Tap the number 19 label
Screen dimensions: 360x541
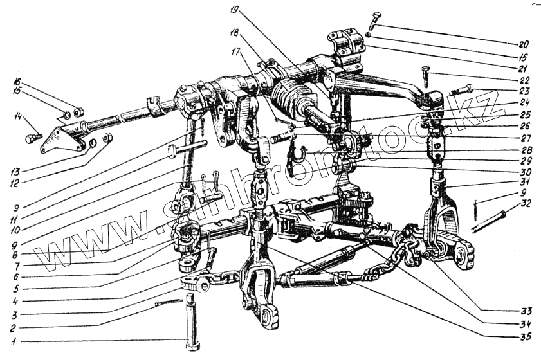tap(233, 10)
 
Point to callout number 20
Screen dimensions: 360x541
tap(522, 44)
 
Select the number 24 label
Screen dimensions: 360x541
tap(526, 102)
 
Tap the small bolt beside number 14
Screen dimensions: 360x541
tap(33, 137)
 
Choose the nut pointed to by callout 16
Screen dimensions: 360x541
tap(78, 114)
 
